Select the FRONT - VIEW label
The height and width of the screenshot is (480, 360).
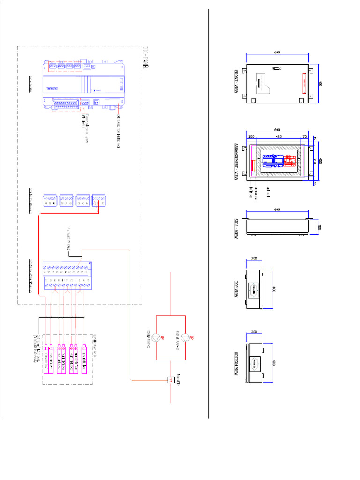(236, 82)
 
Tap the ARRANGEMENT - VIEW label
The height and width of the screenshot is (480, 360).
(236, 161)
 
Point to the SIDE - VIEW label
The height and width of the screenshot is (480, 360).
(236, 228)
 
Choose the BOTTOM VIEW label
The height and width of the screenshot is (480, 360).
(236, 363)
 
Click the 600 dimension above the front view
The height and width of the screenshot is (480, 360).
(277, 53)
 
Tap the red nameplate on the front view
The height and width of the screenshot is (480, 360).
(304, 83)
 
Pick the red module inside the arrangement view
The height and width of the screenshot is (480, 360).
(254, 165)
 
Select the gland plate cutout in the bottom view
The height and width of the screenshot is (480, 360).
(256, 363)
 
